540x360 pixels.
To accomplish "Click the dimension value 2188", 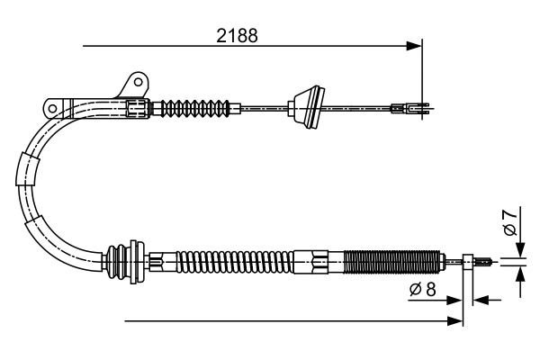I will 238,36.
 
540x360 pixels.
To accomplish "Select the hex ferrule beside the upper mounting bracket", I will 137,108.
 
